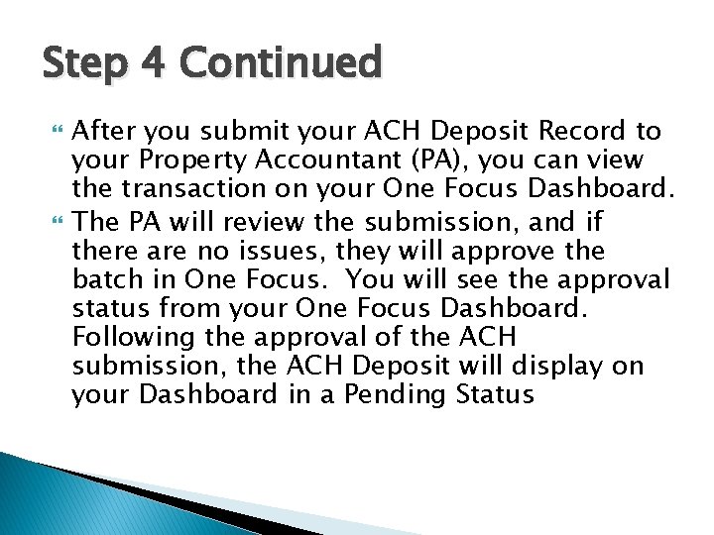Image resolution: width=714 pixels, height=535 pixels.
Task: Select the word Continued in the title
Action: pos(282,64)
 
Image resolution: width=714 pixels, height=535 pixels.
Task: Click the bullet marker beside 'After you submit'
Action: pos(56,131)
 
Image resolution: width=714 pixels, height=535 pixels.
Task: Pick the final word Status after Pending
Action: pos(495,394)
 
